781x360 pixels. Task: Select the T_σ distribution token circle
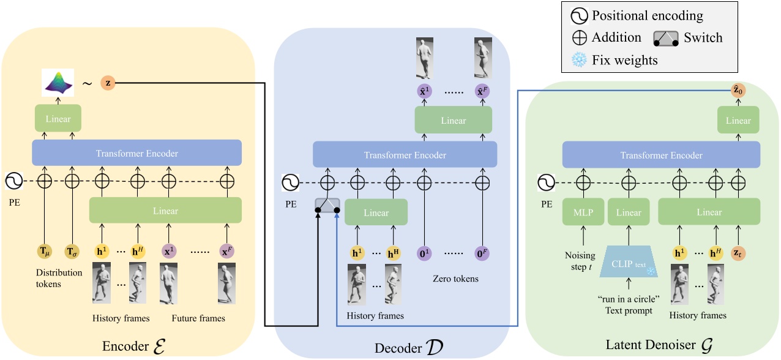pyautogui.click(x=72, y=251)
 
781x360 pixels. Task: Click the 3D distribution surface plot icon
pyautogui.click(x=58, y=82)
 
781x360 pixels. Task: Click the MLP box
pyautogui.click(x=583, y=212)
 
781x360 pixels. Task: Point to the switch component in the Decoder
pyautogui.click(x=327, y=206)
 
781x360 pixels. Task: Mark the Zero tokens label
pyautogui.click(x=453, y=279)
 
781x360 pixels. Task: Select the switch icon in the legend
pyautogui.click(x=665, y=38)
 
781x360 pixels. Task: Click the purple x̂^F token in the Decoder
pyautogui.click(x=483, y=91)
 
